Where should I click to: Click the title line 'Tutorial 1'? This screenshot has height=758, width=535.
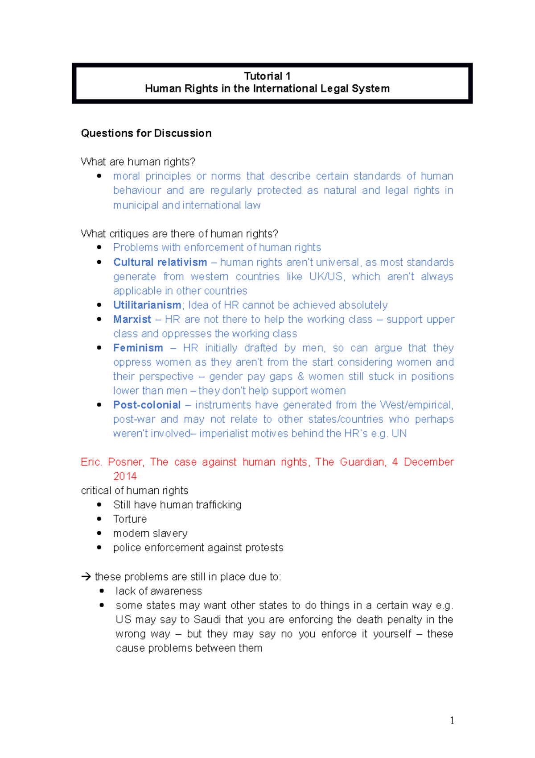pyautogui.click(x=267, y=76)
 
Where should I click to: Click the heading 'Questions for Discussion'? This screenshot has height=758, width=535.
pyautogui.click(x=146, y=133)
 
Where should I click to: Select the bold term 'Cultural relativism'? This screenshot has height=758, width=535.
pyautogui.click(x=160, y=262)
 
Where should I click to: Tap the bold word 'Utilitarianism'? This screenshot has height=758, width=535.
pyautogui.click(x=147, y=305)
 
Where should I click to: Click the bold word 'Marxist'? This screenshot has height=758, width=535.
pyautogui.click(x=132, y=319)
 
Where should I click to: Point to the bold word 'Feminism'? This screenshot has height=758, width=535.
pyautogui.click(x=138, y=348)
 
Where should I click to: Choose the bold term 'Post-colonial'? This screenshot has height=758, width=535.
pyautogui.click(x=147, y=405)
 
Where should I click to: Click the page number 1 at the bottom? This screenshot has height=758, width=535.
pyautogui.click(x=452, y=720)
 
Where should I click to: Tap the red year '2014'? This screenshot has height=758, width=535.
pyautogui.click(x=125, y=476)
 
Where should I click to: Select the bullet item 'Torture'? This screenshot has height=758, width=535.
pyautogui.click(x=130, y=519)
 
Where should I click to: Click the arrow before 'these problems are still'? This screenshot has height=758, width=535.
pyautogui.click(x=86, y=577)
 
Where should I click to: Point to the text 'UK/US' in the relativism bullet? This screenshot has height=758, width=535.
pyautogui.click(x=327, y=276)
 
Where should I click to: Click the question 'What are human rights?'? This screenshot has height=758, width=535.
pyautogui.click(x=138, y=162)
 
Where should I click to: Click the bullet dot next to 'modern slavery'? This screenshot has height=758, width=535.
pyautogui.click(x=99, y=533)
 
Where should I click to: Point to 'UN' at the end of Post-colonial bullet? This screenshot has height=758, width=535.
pyautogui.click(x=399, y=433)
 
